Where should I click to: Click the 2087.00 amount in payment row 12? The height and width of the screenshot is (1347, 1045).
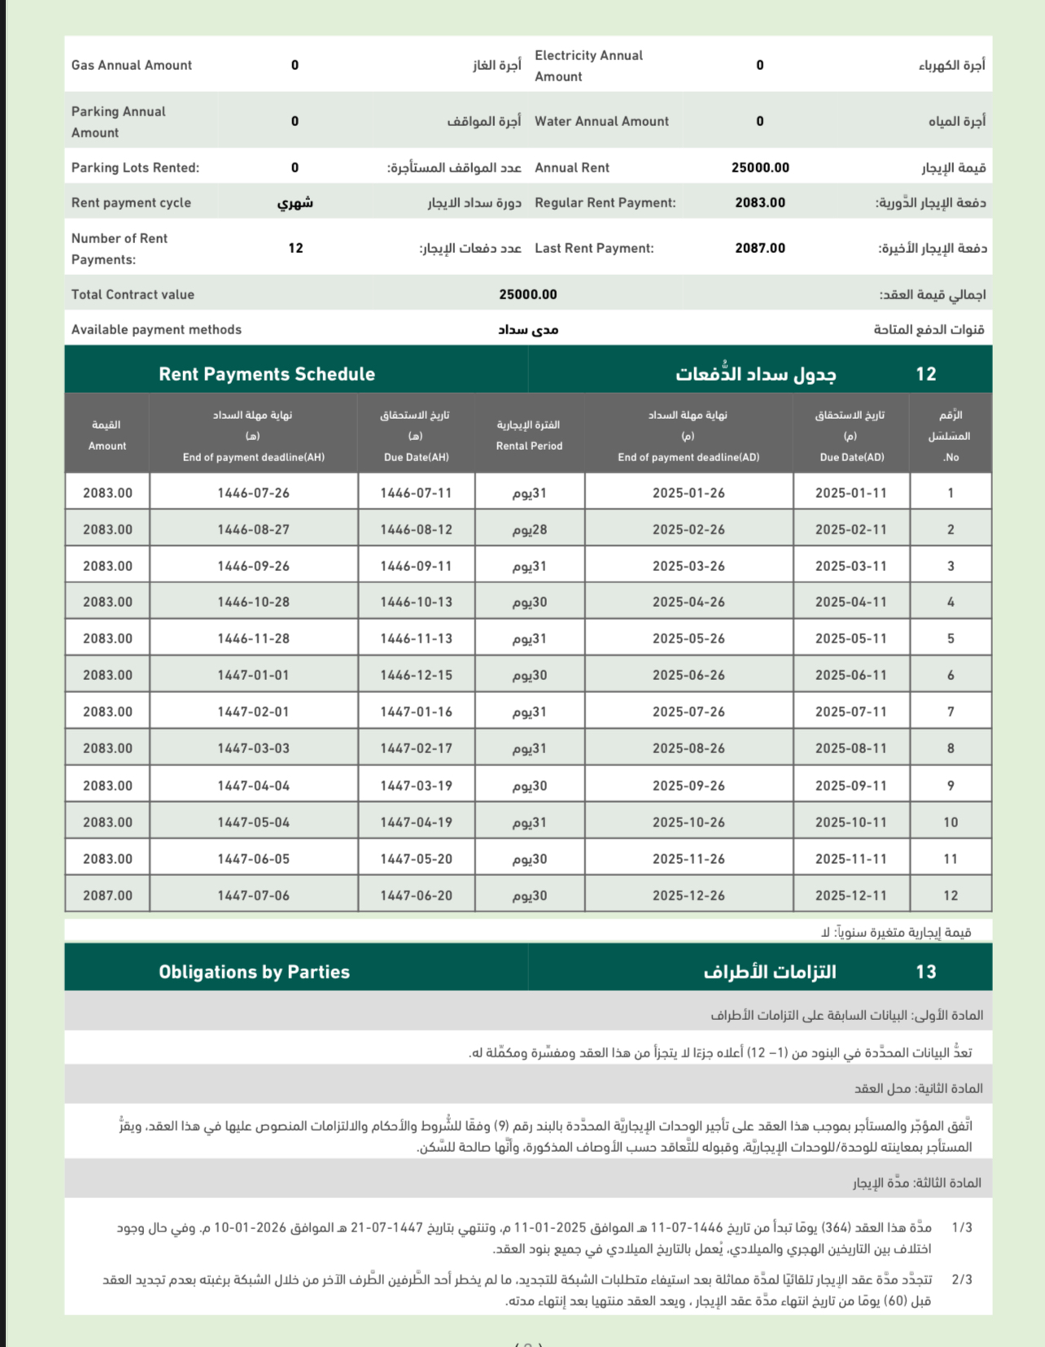coord(107,896)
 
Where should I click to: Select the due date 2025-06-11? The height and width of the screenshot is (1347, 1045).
coord(850,675)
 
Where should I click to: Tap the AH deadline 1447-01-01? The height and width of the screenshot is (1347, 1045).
coord(253,675)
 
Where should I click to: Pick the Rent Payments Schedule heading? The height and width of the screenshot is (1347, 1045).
coord(267,374)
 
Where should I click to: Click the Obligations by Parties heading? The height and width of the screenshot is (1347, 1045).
coord(254,972)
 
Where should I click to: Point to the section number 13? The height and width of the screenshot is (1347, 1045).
coord(926,972)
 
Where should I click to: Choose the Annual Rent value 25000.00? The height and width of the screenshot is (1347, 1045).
coord(760,168)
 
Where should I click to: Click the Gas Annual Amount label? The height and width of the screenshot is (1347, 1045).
coord(132,65)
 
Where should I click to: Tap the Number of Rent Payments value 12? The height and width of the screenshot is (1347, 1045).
coord(295,248)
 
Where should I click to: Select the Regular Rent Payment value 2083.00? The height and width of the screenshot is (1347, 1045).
coord(760,203)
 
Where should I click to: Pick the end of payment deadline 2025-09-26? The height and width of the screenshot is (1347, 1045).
coord(689,786)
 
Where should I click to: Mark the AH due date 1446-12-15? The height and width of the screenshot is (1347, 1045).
coord(416,675)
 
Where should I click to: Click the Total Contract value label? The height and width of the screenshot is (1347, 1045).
coord(133,294)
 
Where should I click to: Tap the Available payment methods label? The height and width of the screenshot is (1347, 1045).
coord(156,329)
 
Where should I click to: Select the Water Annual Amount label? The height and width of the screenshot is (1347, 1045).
coord(601,121)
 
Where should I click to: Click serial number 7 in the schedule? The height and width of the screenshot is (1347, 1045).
coord(951,712)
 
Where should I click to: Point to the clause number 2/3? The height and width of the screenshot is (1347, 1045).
coord(962,1279)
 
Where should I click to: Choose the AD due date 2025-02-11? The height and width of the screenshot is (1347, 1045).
coord(850,530)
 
